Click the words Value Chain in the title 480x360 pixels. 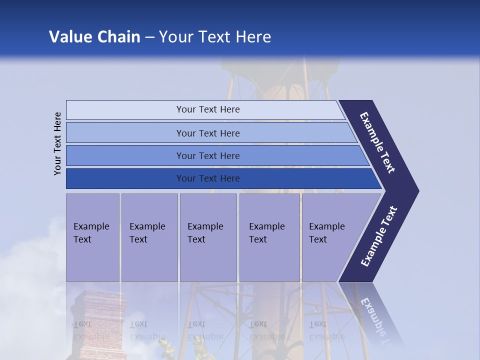(x=94, y=37)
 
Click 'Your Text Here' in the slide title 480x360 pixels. (x=215, y=37)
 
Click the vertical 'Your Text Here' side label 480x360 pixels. (x=57, y=143)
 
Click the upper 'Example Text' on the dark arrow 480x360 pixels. (x=377, y=142)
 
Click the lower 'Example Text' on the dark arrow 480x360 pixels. (x=378, y=236)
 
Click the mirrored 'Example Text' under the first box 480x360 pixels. (x=91, y=330)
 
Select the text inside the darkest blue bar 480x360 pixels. (x=208, y=178)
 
